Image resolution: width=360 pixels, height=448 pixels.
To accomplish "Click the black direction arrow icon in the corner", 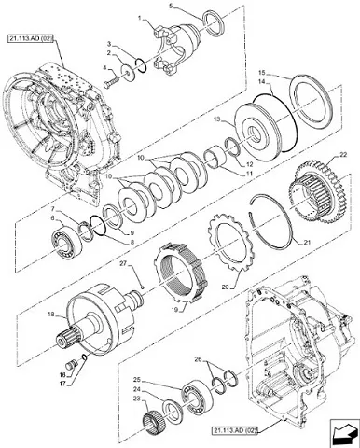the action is (343, 432).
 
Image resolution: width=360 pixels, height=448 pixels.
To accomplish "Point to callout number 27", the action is (132, 263).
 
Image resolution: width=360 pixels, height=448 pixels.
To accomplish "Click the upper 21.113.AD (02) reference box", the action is (30, 38).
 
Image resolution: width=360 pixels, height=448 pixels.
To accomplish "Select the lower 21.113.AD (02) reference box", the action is (235, 431).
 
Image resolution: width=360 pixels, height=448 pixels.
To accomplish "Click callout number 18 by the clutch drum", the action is (51, 315).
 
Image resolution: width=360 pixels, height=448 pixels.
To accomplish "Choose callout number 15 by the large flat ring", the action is (262, 74).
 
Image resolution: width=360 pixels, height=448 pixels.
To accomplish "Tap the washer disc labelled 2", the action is (128, 71).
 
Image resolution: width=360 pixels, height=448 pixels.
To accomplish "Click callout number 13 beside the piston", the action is (218, 119).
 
